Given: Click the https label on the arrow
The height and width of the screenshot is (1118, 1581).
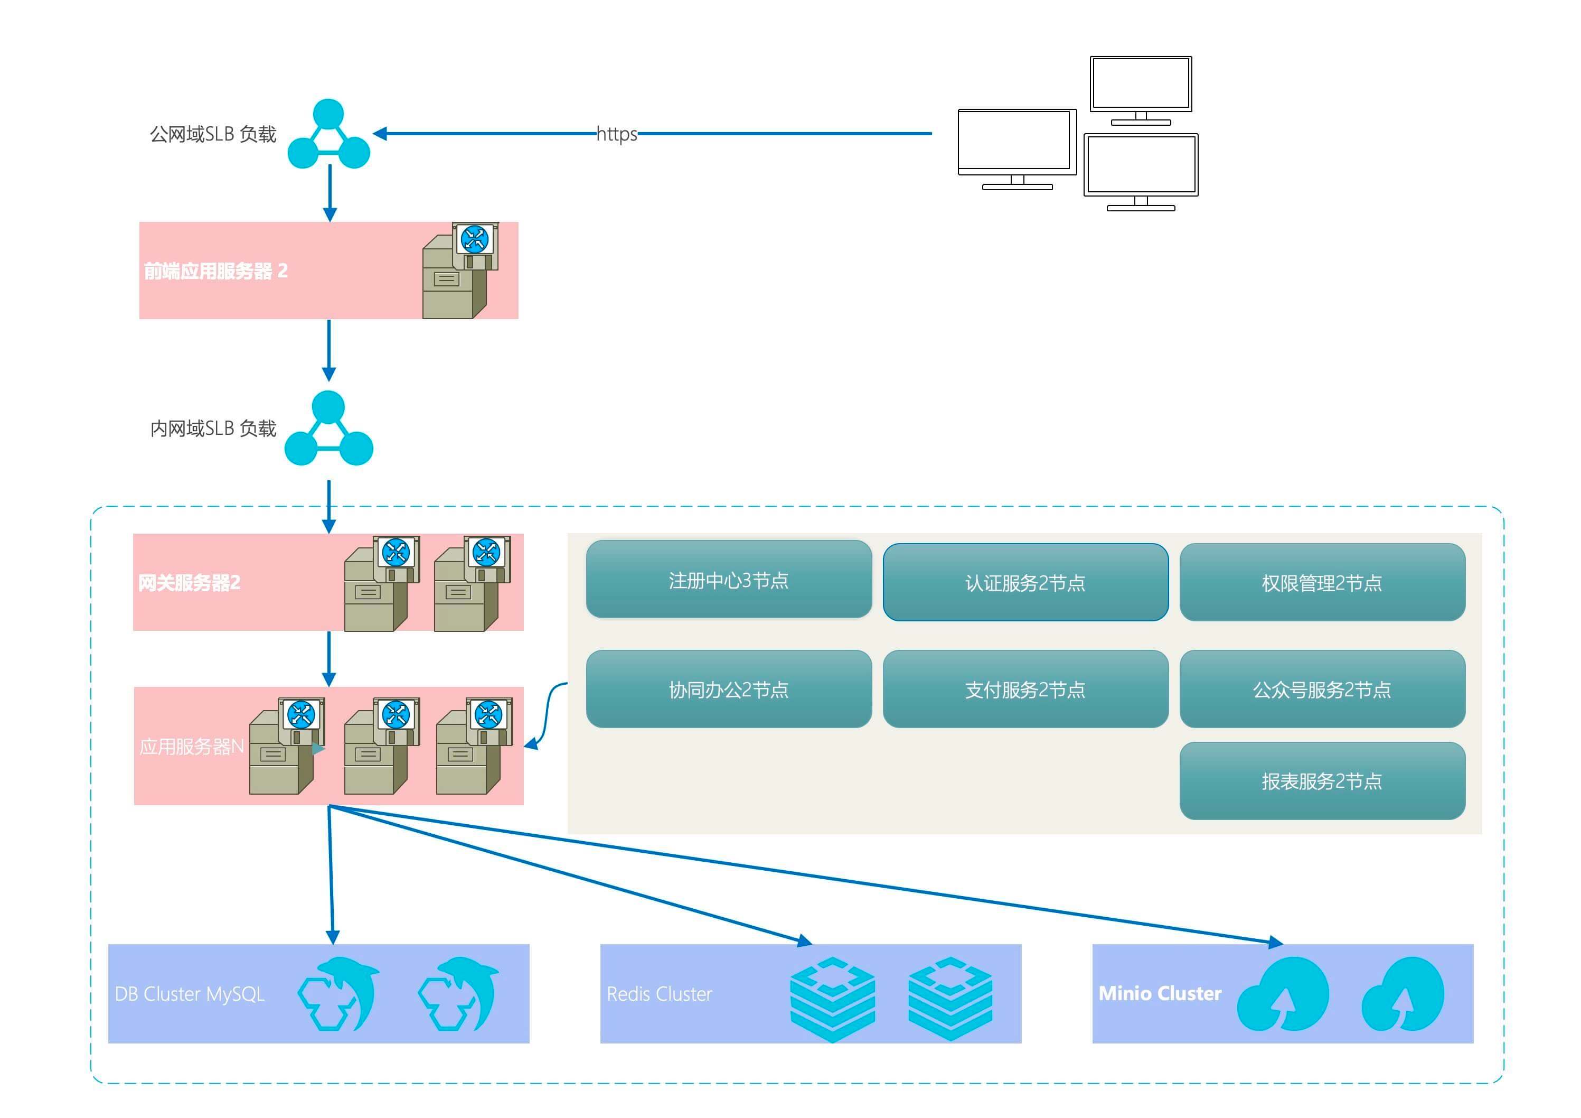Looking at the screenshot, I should click(x=616, y=134).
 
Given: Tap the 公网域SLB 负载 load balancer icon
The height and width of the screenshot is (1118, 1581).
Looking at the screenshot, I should click(x=328, y=135).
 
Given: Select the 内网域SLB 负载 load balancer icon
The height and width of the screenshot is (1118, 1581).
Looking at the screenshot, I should click(x=328, y=428).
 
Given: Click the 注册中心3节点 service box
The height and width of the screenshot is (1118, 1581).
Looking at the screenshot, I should click(x=729, y=580).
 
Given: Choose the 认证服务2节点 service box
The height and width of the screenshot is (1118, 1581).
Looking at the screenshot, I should click(x=1025, y=583).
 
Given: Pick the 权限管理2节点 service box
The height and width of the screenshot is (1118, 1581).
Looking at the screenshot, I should click(x=1322, y=583).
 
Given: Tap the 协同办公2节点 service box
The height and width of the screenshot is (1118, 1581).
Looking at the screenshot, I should click(x=729, y=690).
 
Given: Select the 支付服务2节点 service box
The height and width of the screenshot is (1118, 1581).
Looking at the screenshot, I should click(x=1025, y=690).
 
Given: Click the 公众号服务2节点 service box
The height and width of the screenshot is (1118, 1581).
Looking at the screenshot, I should click(x=1322, y=690).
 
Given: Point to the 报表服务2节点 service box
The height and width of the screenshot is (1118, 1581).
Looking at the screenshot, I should click(x=1322, y=781).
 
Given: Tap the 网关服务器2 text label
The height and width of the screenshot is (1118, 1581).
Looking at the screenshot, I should click(x=190, y=583).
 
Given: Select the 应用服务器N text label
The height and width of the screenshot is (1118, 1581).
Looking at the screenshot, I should click(x=192, y=747).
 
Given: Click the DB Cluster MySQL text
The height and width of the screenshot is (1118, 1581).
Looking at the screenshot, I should click(x=190, y=994).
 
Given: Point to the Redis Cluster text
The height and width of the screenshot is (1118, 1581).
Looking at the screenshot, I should click(x=659, y=994).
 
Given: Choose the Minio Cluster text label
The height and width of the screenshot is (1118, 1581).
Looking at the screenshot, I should click(x=1160, y=993).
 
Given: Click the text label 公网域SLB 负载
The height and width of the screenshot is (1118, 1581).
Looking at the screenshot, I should click(x=213, y=134).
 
